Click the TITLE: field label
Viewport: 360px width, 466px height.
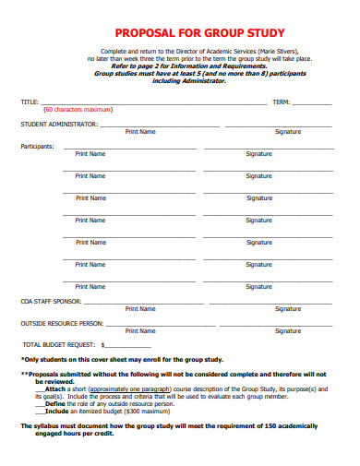pos(30,101)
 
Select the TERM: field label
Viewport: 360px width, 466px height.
pos(282,101)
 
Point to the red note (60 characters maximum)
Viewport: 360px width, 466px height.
pos(78,109)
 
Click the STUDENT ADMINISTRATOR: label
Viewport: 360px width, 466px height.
pos(60,124)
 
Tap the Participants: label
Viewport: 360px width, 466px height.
pos(37,146)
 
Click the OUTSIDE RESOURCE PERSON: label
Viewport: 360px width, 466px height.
pos(62,324)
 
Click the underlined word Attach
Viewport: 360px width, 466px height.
pos(54,388)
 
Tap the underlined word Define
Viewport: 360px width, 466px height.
pos(54,404)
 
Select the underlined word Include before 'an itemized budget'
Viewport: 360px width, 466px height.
pos(55,412)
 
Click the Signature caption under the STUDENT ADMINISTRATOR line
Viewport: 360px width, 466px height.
pos(288,132)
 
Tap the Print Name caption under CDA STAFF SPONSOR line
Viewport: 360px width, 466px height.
pos(140,309)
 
